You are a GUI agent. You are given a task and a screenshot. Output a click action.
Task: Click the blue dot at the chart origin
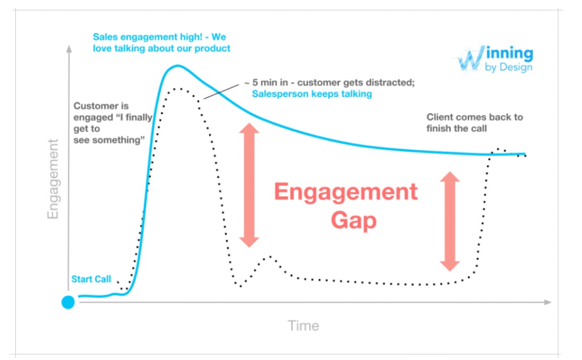click(68, 302)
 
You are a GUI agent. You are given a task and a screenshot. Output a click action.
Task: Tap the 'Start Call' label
click(91, 279)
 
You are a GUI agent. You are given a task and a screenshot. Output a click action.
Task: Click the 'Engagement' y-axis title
click(53, 179)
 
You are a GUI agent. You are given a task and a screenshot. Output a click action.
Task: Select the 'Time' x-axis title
click(303, 326)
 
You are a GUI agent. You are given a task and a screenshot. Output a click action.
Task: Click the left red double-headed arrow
click(248, 185)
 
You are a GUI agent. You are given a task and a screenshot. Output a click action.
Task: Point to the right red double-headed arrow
click(450, 221)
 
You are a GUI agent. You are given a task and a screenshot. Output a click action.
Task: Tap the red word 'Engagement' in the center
click(346, 192)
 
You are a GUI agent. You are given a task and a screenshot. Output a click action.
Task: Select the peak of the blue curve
click(177, 65)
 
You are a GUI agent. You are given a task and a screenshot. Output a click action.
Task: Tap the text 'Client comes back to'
click(475, 117)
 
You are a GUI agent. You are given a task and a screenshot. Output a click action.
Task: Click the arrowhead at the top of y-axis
click(69, 49)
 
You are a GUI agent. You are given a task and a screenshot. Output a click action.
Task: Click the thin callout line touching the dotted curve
click(222, 92)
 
